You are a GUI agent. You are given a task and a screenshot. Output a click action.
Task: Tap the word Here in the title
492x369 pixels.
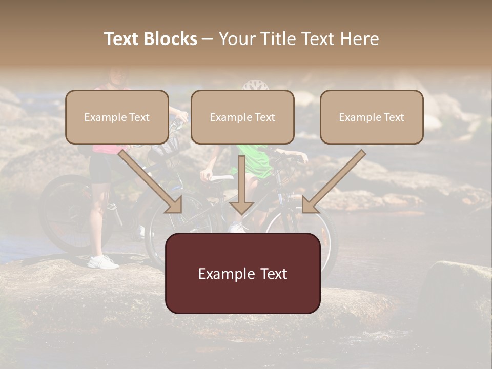point(358,39)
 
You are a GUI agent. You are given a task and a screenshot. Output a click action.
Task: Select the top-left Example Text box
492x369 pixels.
point(117,117)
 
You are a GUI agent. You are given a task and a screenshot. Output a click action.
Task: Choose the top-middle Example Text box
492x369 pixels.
point(242,117)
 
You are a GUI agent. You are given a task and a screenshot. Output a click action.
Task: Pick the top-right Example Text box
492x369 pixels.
point(372,117)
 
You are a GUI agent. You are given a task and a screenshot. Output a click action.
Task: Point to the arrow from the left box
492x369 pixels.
point(151,182)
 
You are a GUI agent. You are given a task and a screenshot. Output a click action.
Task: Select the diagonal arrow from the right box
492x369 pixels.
point(333,182)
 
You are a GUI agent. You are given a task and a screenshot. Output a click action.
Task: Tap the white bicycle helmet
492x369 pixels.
point(255,85)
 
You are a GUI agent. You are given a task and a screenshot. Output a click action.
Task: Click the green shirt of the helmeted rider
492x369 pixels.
point(256,164)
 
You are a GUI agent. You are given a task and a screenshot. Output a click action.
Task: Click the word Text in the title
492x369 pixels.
point(122,39)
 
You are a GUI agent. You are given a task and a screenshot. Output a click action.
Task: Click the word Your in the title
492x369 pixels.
point(236,39)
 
